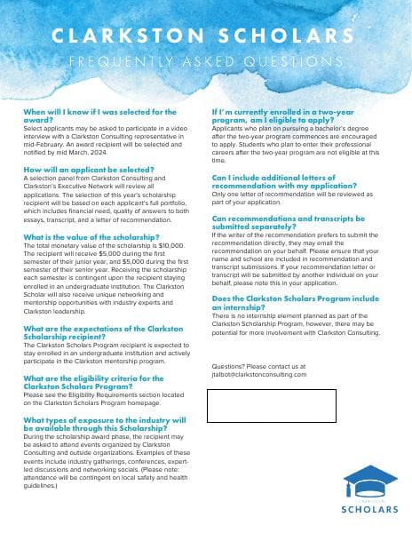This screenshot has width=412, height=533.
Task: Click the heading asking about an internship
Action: coord(289,303)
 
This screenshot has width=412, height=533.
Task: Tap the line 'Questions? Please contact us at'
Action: coord(258,366)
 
